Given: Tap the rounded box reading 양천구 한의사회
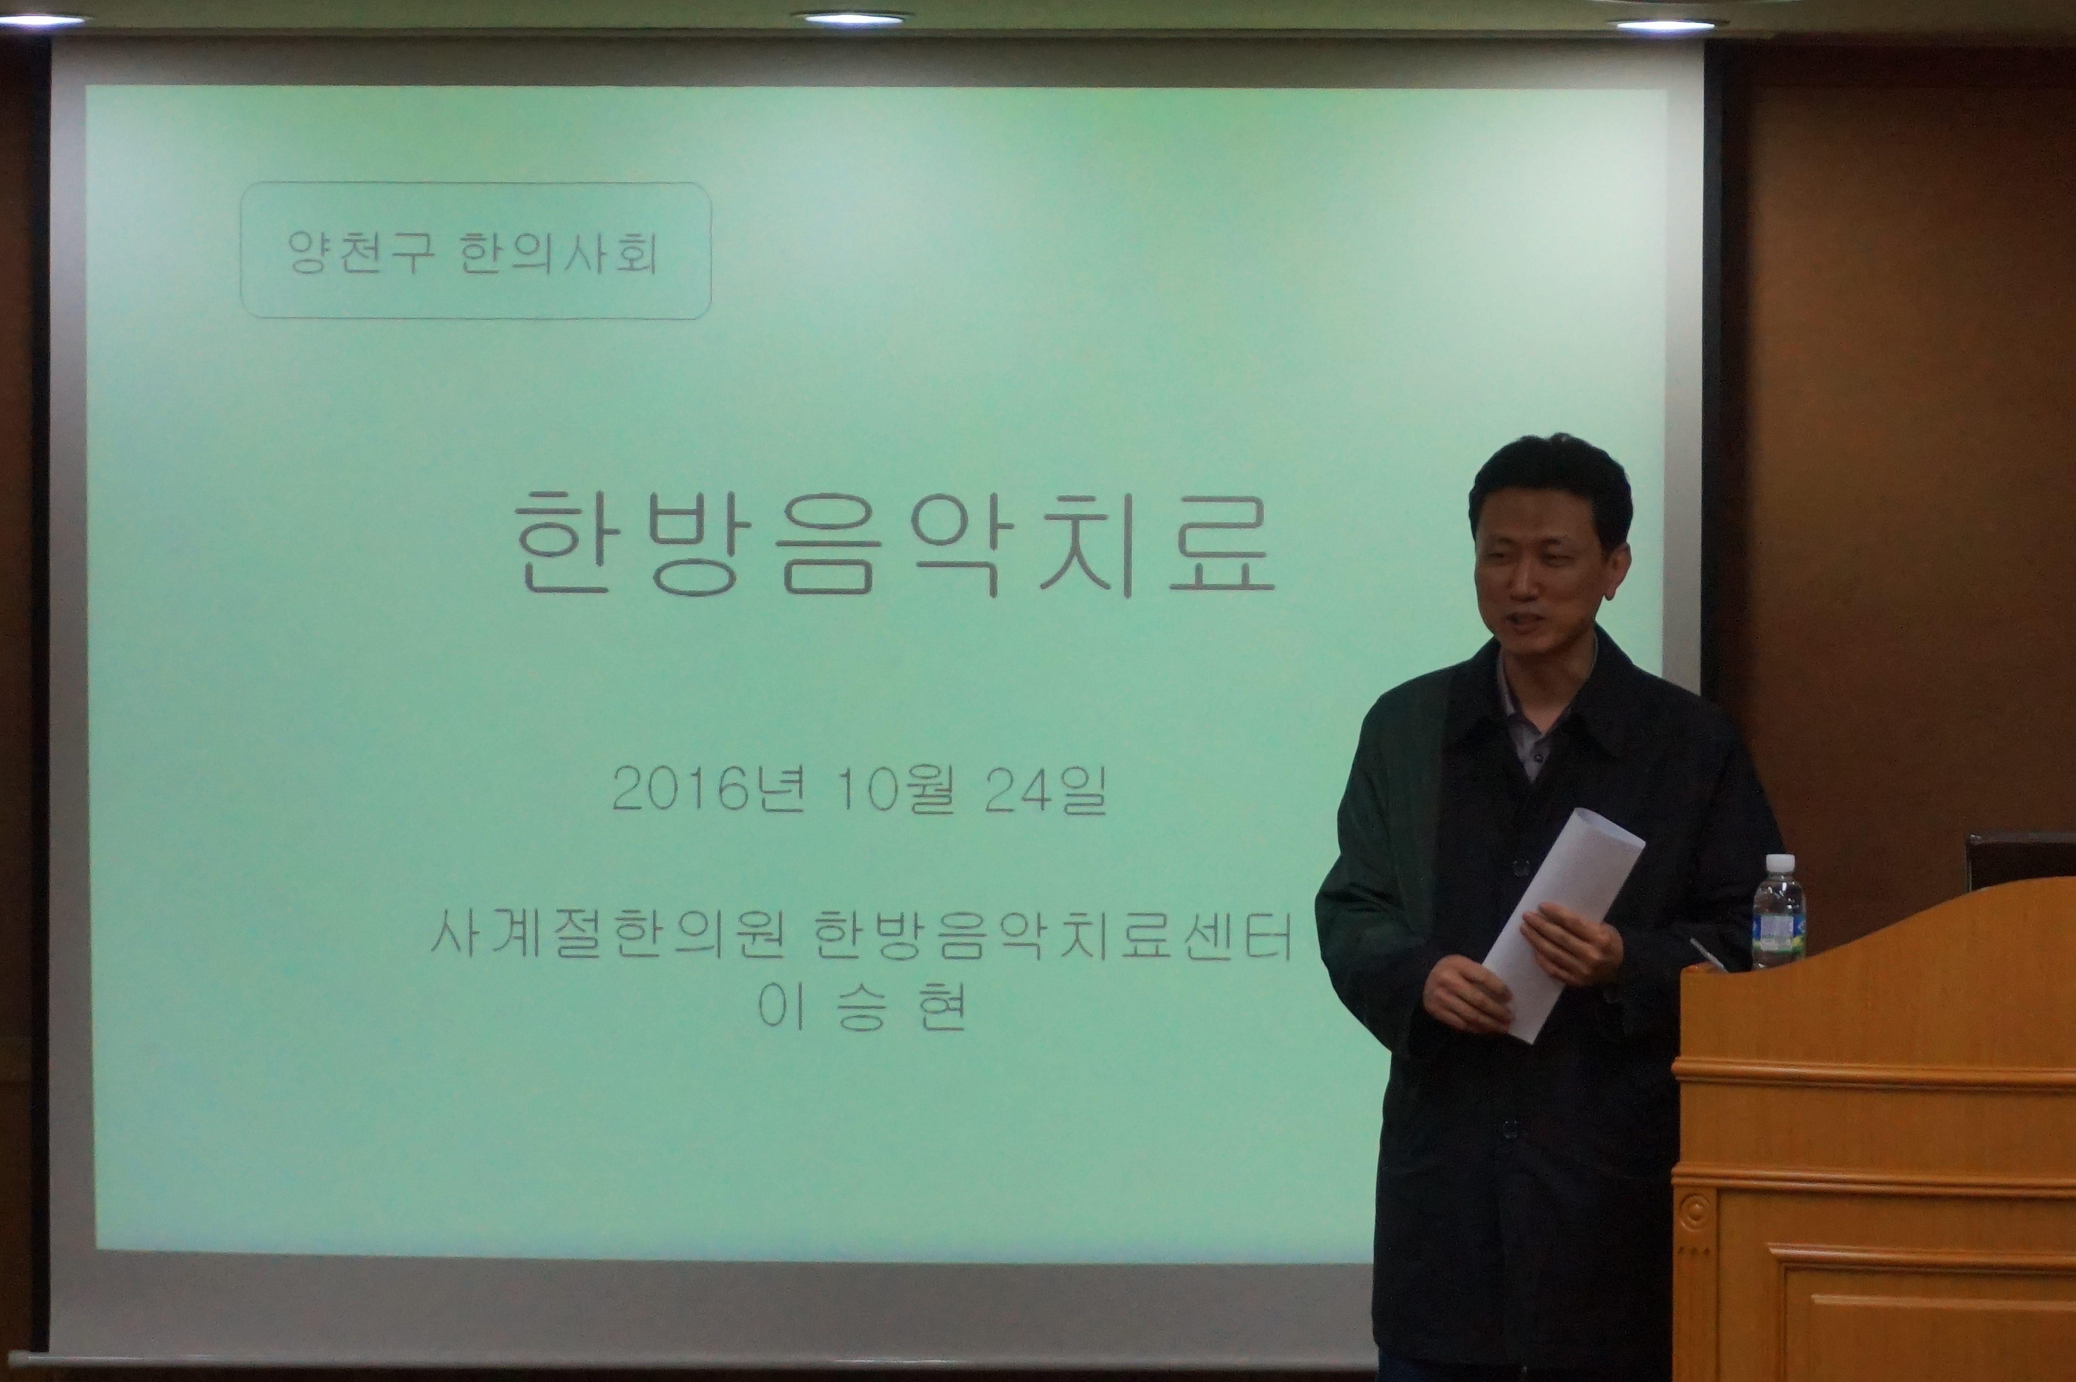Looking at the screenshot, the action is pos(476,250).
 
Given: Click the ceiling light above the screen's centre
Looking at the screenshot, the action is pos(852,18).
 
